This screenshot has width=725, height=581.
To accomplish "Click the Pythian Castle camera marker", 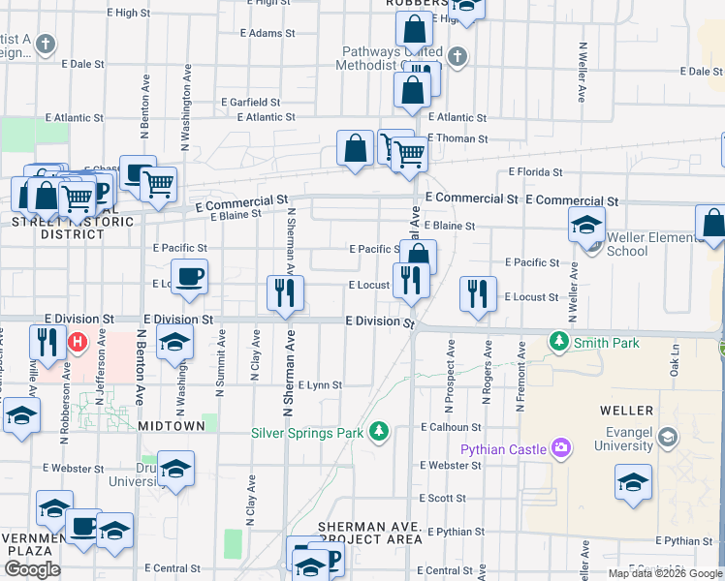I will tap(560, 448).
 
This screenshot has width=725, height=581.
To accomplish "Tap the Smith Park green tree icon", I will tap(558, 341).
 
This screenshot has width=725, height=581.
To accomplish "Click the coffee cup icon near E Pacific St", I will tap(189, 275).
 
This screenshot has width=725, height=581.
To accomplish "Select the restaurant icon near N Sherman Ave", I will tap(285, 291).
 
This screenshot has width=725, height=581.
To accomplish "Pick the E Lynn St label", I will tap(320, 384).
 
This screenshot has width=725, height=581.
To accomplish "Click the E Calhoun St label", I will tap(451, 427).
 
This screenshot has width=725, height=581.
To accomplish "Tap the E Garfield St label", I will tap(250, 102).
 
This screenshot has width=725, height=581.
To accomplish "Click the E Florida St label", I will tap(535, 172).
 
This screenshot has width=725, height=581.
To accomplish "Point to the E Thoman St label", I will tap(457, 138).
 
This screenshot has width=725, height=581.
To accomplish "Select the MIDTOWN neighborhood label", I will tap(172, 425).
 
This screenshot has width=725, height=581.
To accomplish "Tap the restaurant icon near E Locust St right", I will tap(477, 292).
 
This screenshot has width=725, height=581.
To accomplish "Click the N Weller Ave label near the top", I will tap(583, 72).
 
